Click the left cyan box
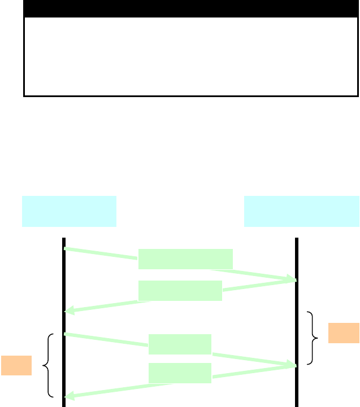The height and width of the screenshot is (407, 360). (x=69, y=211)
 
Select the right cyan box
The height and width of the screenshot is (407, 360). (x=301, y=211)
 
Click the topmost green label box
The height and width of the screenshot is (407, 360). (x=185, y=259)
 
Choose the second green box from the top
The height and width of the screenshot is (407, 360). (x=180, y=291)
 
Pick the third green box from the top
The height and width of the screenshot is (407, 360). (x=180, y=344)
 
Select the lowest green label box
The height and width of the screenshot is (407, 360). (x=180, y=373)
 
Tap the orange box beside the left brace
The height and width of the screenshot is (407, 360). (x=16, y=365)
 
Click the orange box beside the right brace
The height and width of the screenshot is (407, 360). (x=344, y=332)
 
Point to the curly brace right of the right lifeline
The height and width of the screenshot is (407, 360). (x=313, y=338)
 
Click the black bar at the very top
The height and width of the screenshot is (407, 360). (x=191, y=8)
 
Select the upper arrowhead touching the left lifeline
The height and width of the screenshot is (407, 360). (x=68, y=310)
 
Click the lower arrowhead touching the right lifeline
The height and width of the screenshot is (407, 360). (x=292, y=366)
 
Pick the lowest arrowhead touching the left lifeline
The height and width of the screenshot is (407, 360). (x=68, y=396)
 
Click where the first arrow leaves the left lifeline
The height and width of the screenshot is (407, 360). (x=66, y=248)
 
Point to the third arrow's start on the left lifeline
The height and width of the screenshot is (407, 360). (x=66, y=334)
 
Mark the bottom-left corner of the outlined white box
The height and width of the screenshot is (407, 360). (x=24, y=95)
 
